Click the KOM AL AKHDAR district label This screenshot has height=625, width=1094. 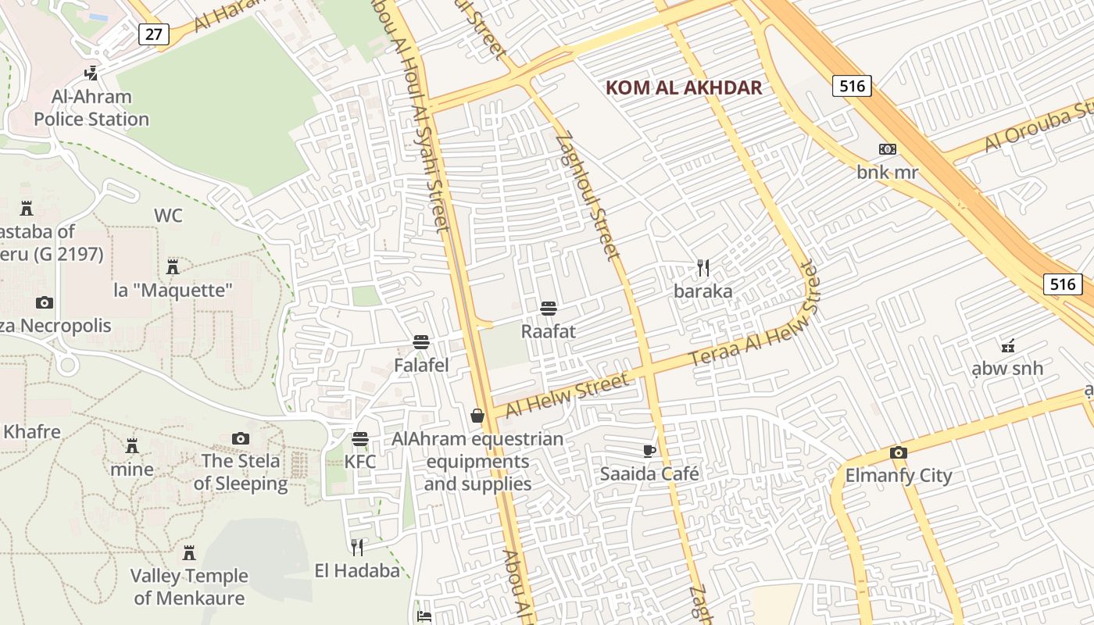(684, 87)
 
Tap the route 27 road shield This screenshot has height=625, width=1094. (154, 34)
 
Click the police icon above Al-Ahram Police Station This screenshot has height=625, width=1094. (91, 73)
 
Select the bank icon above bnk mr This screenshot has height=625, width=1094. (887, 149)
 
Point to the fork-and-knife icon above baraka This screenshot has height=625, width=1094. (703, 268)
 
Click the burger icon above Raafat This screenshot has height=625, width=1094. (549, 308)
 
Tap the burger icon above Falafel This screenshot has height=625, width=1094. (421, 342)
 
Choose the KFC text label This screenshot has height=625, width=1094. (360, 462)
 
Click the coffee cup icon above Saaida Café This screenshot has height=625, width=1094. (649, 450)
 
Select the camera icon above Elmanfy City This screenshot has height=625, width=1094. (899, 452)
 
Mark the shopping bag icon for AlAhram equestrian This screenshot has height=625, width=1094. (477, 416)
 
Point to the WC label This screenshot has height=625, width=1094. (168, 216)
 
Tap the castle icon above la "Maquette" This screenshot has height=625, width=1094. (173, 267)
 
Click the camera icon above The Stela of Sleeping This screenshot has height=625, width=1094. (241, 438)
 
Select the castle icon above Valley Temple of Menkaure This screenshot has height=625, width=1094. (188, 553)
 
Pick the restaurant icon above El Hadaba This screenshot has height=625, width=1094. (357, 548)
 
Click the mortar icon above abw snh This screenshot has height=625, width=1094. (1008, 345)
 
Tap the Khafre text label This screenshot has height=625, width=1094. (31, 431)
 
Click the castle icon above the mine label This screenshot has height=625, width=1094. (132, 446)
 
